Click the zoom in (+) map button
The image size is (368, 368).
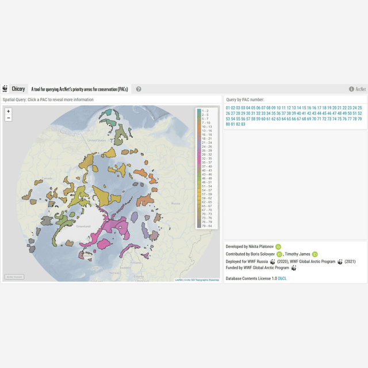8,111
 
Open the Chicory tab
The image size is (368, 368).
18,89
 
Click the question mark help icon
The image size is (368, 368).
139,89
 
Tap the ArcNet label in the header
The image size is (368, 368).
361,89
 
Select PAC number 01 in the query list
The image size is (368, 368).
228,108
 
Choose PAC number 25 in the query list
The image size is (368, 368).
359,108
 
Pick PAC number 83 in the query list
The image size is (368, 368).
243,124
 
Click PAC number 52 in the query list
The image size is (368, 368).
359,113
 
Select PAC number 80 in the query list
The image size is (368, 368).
228,124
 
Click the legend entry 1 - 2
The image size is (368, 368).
205,110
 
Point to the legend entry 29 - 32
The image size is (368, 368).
206,154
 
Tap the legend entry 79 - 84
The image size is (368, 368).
206,227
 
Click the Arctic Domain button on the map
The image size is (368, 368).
14,277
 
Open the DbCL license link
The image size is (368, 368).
282,278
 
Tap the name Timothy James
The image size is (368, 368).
298,254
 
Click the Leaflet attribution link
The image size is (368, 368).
178,280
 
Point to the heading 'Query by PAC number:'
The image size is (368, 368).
246,99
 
